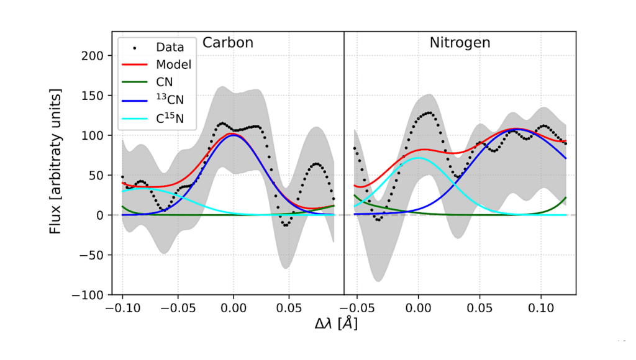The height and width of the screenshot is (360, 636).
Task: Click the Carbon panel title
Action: coord(228,43)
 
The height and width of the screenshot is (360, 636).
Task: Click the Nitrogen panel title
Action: coord(460,43)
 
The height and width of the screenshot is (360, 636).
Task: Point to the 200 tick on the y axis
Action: coord(91,55)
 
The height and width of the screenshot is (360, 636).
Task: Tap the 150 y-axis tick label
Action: coord(91,95)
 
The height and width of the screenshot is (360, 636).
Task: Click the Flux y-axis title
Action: coord(55,161)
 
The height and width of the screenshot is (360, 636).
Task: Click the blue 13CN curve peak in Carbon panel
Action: coord(233,135)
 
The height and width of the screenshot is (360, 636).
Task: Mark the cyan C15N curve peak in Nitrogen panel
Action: coord(418,158)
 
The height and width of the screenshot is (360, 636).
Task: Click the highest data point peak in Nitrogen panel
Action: coord(427,113)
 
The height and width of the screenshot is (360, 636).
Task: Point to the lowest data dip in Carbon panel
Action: coord(285,225)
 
